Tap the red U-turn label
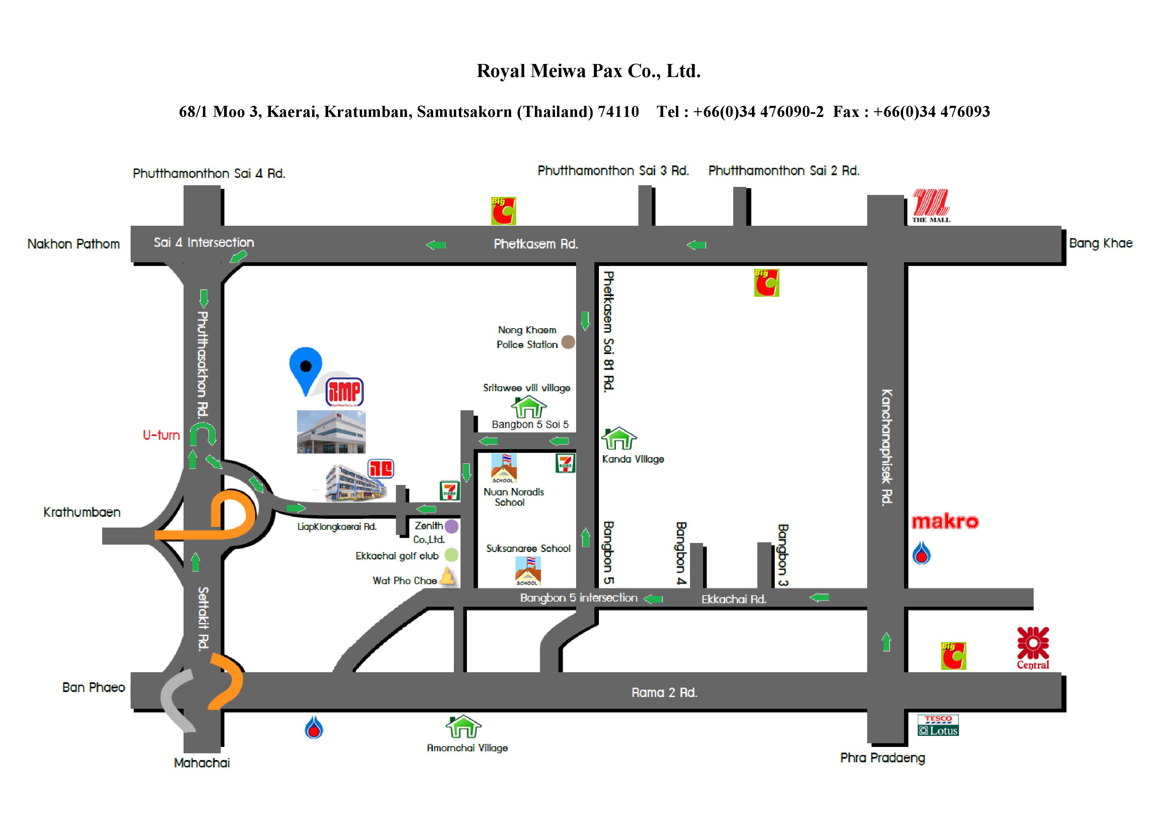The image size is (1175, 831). (x=161, y=435)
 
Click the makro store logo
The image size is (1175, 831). (x=945, y=522)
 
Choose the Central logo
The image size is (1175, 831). (x=1033, y=648)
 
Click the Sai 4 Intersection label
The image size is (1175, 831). (x=204, y=243)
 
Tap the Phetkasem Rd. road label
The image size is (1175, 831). (x=536, y=244)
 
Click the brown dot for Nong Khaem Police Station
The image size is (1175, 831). (x=568, y=342)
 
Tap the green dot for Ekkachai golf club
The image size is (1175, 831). (x=452, y=555)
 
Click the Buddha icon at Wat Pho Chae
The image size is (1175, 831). (x=447, y=577)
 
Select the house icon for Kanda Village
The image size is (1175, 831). (x=619, y=438)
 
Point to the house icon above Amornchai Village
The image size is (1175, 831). (x=463, y=726)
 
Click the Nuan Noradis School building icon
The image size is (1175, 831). (x=503, y=468)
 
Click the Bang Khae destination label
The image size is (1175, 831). (x=1100, y=243)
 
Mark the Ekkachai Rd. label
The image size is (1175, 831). (x=733, y=599)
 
